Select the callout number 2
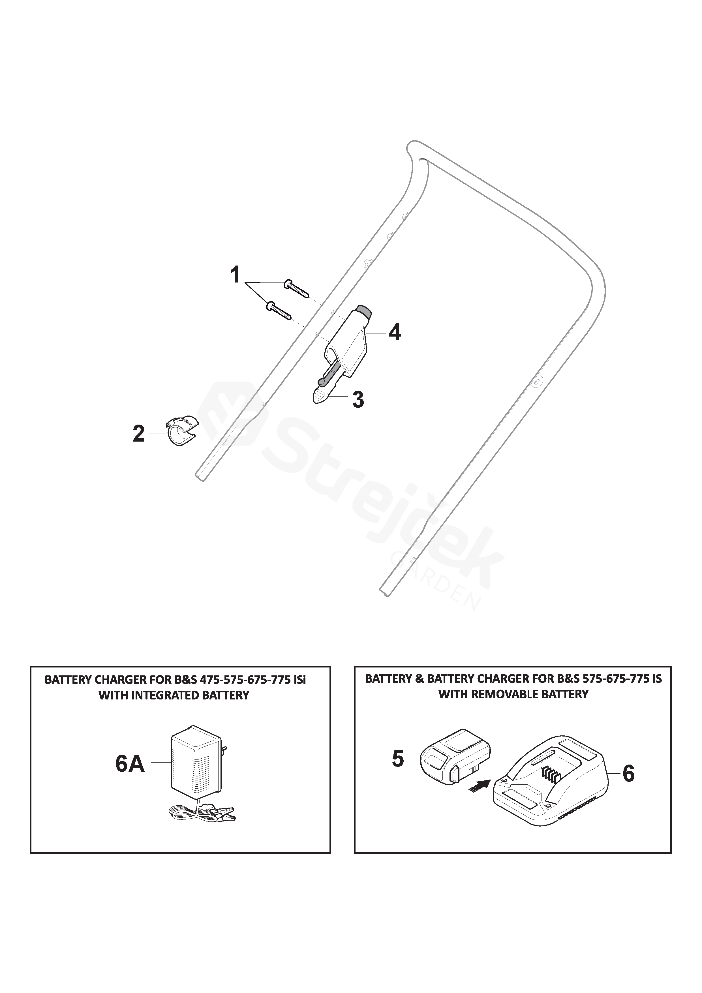pos(138,433)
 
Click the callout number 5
pos(397,759)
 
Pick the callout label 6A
pos(130,764)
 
